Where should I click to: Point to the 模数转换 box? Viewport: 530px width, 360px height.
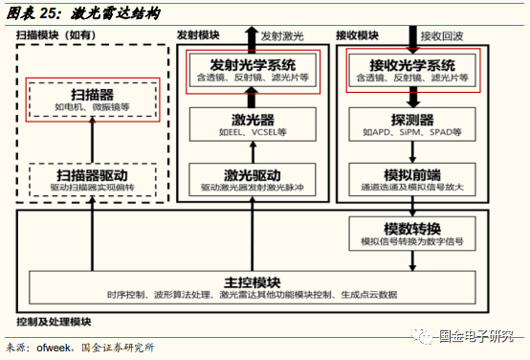(x=413, y=234)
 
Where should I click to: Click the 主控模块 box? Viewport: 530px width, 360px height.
(x=253, y=289)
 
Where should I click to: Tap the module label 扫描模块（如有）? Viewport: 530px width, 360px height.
(x=60, y=34)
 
